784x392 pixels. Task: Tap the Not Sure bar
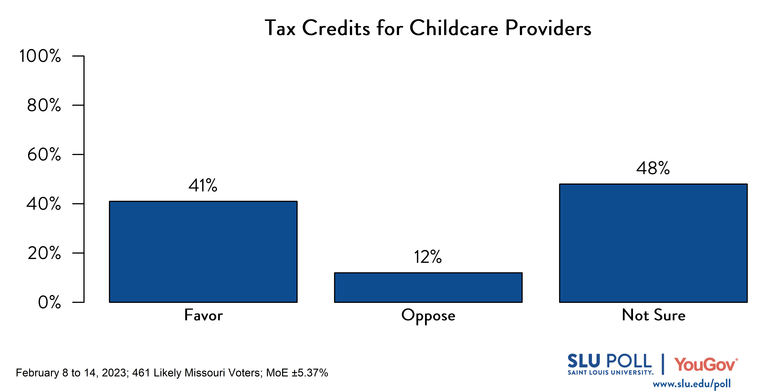(x=653, y=243)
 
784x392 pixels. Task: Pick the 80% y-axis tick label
(x=44, y=105)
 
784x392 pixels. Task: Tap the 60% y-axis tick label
(x=44, y=155)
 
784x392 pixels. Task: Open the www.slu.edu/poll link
(x=692, y=384)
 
